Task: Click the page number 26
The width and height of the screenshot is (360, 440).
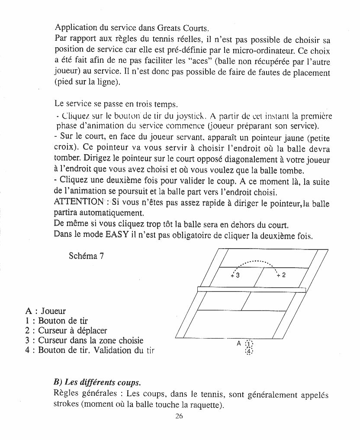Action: pos(180,416)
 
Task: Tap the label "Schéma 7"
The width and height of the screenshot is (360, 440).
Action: pos(86,256)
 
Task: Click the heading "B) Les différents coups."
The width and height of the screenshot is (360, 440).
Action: pos(97,383)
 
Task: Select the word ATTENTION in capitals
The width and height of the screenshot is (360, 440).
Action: pos(78,202)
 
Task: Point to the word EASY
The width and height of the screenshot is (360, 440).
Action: pos(117,235)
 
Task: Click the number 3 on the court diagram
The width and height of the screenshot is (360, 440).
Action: pos(237,275)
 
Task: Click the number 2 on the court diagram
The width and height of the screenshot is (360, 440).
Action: pos(283,275)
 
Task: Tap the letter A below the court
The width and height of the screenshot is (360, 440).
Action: pos(238,343)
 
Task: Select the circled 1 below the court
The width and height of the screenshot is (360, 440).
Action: pos(249,345)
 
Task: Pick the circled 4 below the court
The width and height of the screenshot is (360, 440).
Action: pos(249,352)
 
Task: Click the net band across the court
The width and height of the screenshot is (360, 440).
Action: pos(251,289)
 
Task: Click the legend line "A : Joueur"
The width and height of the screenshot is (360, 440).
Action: pos(45,311)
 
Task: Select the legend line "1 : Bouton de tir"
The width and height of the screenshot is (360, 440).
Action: pos(57,321)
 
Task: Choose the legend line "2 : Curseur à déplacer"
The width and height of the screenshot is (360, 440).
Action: pos(66,331)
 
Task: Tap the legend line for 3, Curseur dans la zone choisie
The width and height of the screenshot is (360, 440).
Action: pos(84,340)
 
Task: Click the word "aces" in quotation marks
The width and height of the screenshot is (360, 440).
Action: pos(183,61)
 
